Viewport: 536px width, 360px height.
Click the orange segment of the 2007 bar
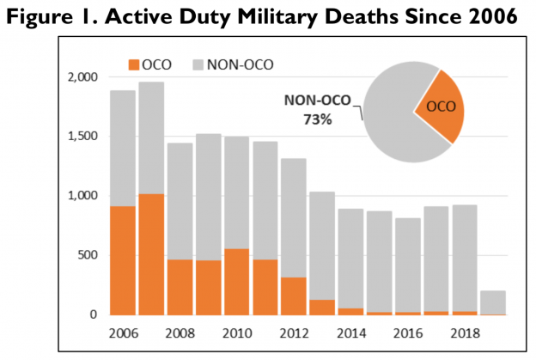[151, 254]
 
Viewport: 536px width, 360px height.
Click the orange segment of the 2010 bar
[236, 275]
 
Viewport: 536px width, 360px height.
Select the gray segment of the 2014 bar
[350, 258]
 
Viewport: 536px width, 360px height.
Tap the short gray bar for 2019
[492, 302]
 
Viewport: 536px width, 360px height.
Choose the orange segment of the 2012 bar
[293, 296]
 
